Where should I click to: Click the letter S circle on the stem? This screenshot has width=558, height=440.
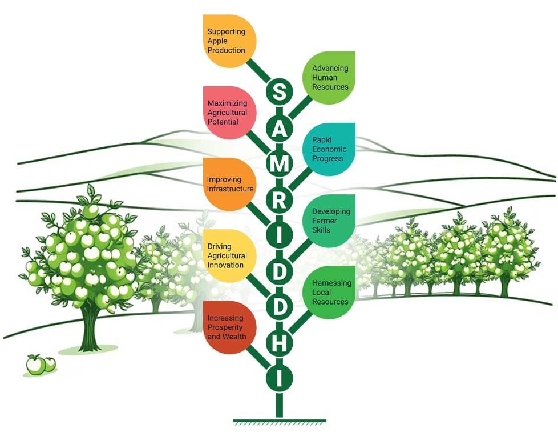[279, 92]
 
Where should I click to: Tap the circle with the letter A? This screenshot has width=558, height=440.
[279, 128]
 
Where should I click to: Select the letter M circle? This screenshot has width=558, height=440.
[279, 164]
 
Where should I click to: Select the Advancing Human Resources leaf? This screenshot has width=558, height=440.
[330, 78]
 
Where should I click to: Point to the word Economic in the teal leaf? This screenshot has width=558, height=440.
[329, 149]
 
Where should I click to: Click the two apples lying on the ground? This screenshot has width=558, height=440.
[41, 363]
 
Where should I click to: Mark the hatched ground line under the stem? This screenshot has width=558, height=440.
[279, 422]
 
